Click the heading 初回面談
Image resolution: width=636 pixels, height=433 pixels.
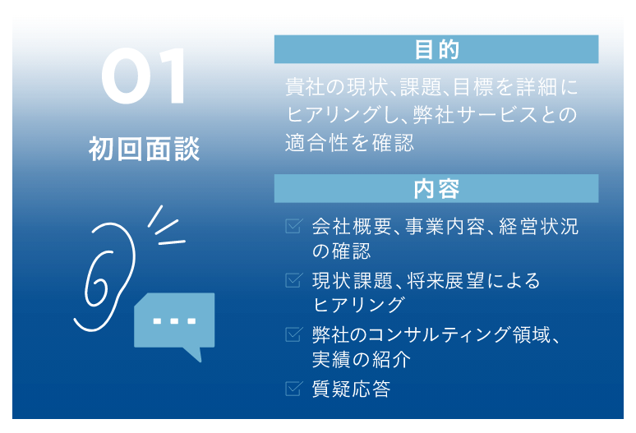point(145,150)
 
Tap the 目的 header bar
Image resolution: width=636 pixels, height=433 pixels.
point(436,50)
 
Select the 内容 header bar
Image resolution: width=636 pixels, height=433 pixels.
point(436,189)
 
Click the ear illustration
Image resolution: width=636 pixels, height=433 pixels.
point(103,268)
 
